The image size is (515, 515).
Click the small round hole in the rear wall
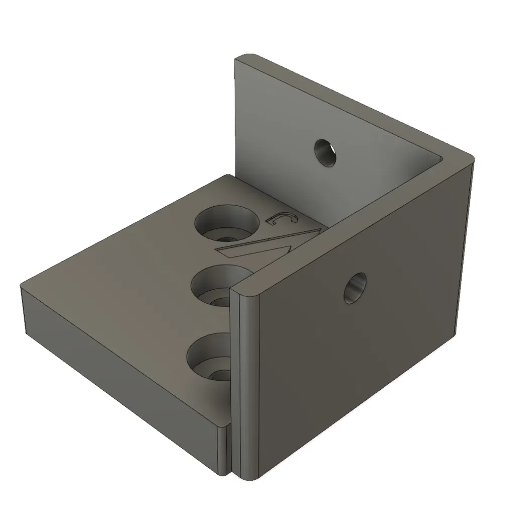point(325,153)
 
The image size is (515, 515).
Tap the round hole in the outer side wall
point(355,288)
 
